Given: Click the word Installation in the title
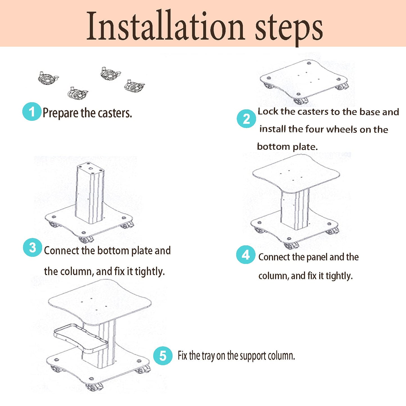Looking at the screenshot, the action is [165, 26].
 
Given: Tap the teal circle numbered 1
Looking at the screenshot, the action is [32, 112].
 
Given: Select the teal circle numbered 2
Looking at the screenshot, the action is [246, 119].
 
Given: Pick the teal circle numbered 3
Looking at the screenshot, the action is [32, 247].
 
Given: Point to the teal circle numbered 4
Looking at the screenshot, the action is [246, 255].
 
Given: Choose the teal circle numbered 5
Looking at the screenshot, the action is [163, 356].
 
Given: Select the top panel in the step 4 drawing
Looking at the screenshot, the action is [296, 173].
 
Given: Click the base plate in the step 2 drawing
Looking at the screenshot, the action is [304, 80].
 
